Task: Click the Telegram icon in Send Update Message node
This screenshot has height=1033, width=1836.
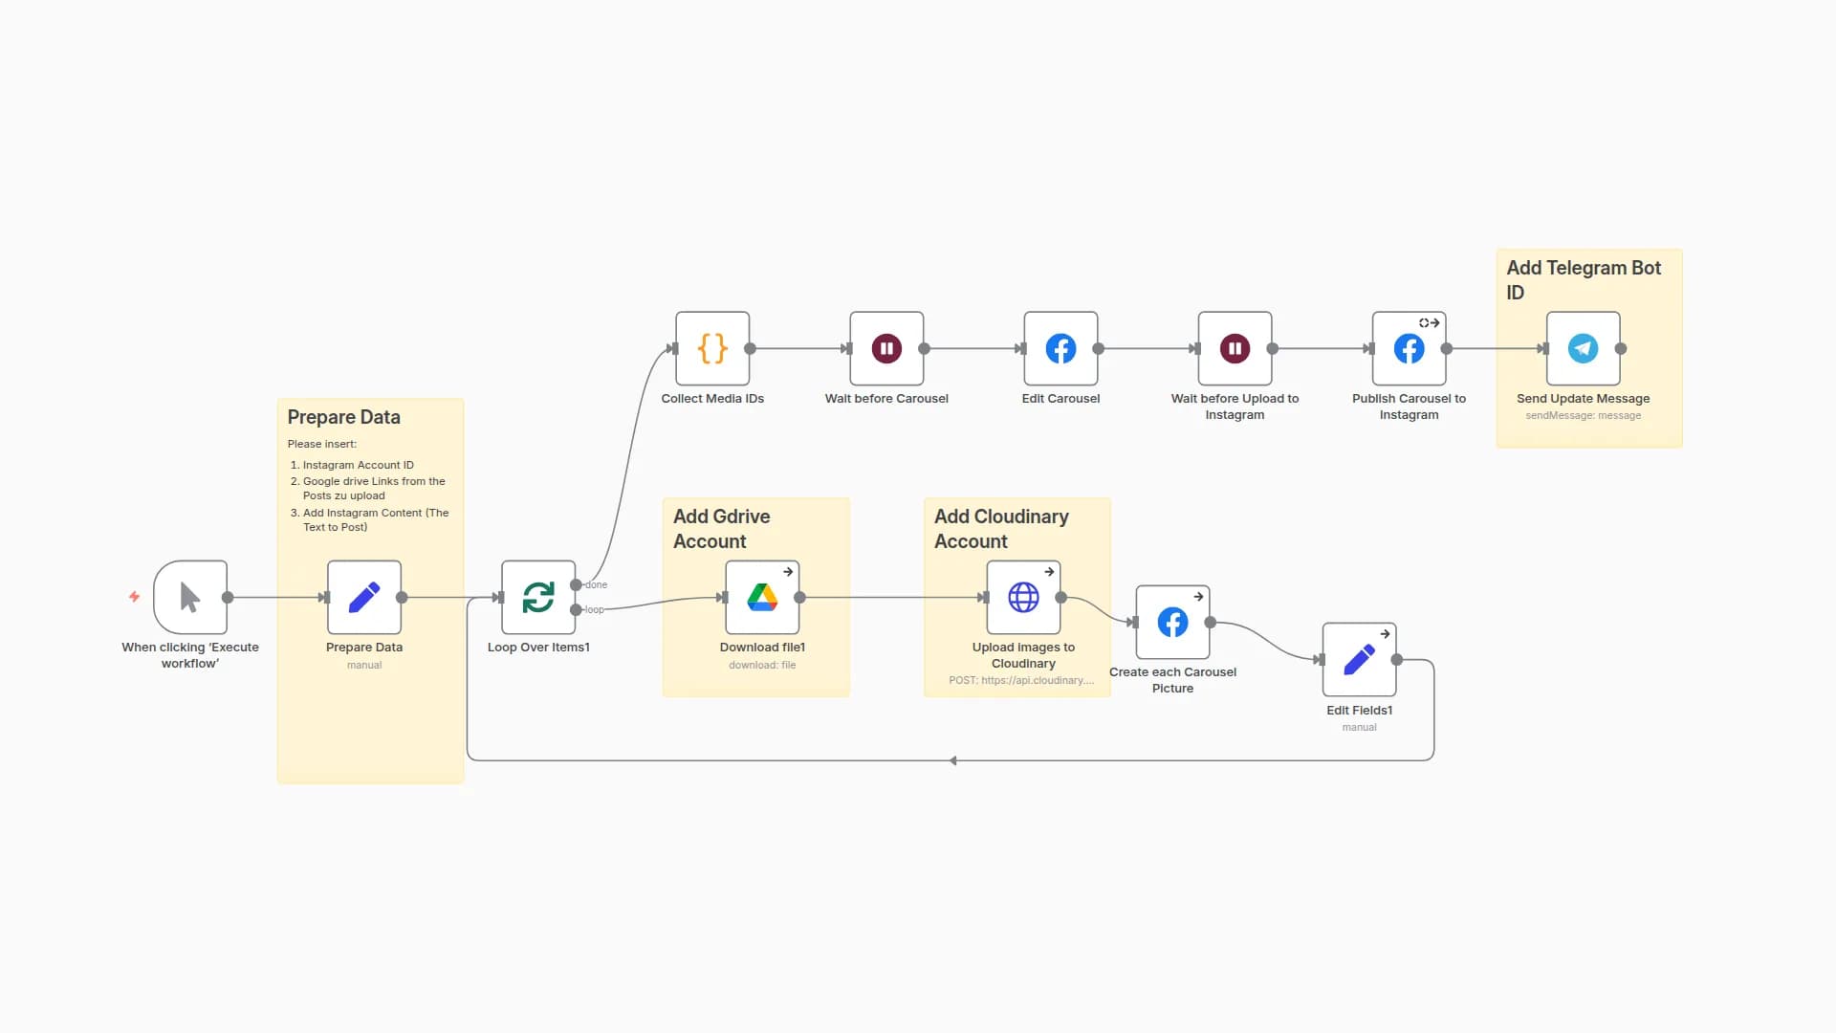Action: coord(1583,348)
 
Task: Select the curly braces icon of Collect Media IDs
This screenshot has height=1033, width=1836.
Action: coord(712,348)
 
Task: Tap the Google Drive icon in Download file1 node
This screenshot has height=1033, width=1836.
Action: coord(762,597)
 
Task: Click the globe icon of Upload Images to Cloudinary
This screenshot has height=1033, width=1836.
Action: coord(1023,597)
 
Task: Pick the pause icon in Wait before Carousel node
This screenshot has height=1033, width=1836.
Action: coord(886,348)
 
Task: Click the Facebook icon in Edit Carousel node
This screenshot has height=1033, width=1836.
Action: coord(1060,348)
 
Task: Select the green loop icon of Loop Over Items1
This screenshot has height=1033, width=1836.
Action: coord(538,597)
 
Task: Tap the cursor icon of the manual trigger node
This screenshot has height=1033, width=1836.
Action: coord(190,597)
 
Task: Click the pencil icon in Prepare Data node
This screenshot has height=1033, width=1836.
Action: coord(364,597)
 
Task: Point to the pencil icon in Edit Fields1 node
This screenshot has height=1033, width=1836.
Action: coord(1359,659)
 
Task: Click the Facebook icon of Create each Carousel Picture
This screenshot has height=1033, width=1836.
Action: coord(1172,622)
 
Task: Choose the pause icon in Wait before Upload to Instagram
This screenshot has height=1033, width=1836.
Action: coord(1235,348)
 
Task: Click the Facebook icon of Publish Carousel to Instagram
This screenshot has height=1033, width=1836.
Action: coord(1409,348)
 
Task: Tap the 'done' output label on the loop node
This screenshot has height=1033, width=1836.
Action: coord(596,584)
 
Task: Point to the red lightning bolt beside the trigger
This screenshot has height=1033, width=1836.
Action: coord(135,596)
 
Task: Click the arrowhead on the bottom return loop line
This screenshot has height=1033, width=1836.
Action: coord(953,760)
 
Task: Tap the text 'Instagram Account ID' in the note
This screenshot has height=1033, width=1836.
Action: coord(358,465)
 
